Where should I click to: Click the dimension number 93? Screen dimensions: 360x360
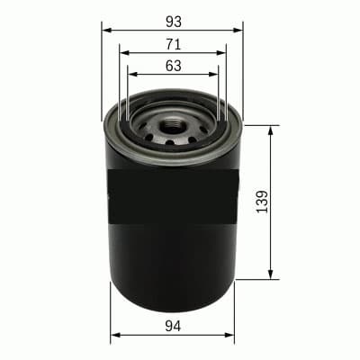point(173,20)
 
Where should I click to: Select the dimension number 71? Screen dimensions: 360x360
point(173,43)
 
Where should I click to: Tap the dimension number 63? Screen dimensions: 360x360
point(173,65)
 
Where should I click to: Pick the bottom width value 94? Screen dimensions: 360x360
point(173,325)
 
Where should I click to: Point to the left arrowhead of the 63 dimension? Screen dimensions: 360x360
point(131,75)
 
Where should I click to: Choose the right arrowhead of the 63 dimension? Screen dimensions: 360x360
point(215,75)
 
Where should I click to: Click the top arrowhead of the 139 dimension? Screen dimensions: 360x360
point(271,130)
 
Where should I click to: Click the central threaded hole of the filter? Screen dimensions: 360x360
point(174,121)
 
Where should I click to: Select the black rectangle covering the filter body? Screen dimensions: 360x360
point(171,195)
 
